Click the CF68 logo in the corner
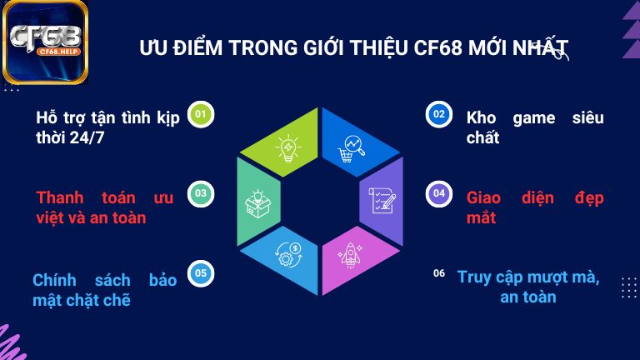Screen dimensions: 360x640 46,42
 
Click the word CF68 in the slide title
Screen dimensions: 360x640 438,47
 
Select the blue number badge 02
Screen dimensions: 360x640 438,113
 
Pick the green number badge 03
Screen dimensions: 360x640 200,193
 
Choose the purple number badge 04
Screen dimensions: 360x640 438,193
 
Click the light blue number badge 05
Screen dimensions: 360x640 200,272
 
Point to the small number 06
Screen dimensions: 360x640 439,272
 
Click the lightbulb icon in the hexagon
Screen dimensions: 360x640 288,148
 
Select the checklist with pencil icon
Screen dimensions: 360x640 382,201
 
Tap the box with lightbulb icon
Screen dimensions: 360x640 257,201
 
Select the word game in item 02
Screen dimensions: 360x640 533,117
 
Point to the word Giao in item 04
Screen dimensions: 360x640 484,197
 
